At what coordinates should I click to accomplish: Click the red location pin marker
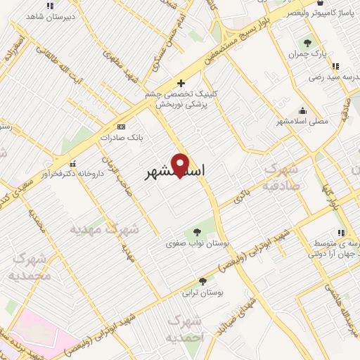pos(180,165)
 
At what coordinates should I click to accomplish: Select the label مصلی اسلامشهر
pos(302,121)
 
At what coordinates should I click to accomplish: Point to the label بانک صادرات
pos(121,138)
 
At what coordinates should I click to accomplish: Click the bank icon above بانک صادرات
pos(121,127)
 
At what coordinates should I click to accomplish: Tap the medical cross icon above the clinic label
pos(181,84)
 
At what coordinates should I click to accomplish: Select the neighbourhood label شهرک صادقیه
pos(280,176)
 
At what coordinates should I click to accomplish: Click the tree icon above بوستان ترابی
pos(202,281)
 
